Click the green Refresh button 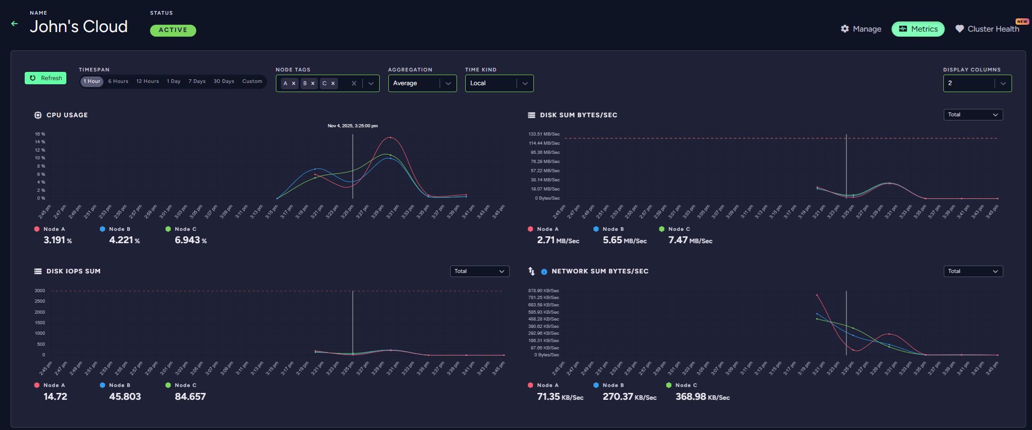point(46,78)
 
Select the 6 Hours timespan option point(118,82)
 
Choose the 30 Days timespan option point(224,82)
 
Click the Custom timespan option point(252,82)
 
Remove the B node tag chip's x point(313,83)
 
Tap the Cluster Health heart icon point(959,29)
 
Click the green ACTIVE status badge point(173,30)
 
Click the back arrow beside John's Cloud point(15,23)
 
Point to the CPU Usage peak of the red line point(390,137)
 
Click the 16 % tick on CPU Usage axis point(40,134)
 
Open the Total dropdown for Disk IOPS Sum point(479,272)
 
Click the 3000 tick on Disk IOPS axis point(40,291)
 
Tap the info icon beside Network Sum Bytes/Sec point(544,272)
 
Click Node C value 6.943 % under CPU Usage point(190,240)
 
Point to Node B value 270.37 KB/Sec point(629,397)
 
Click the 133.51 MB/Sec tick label point(544,134)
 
